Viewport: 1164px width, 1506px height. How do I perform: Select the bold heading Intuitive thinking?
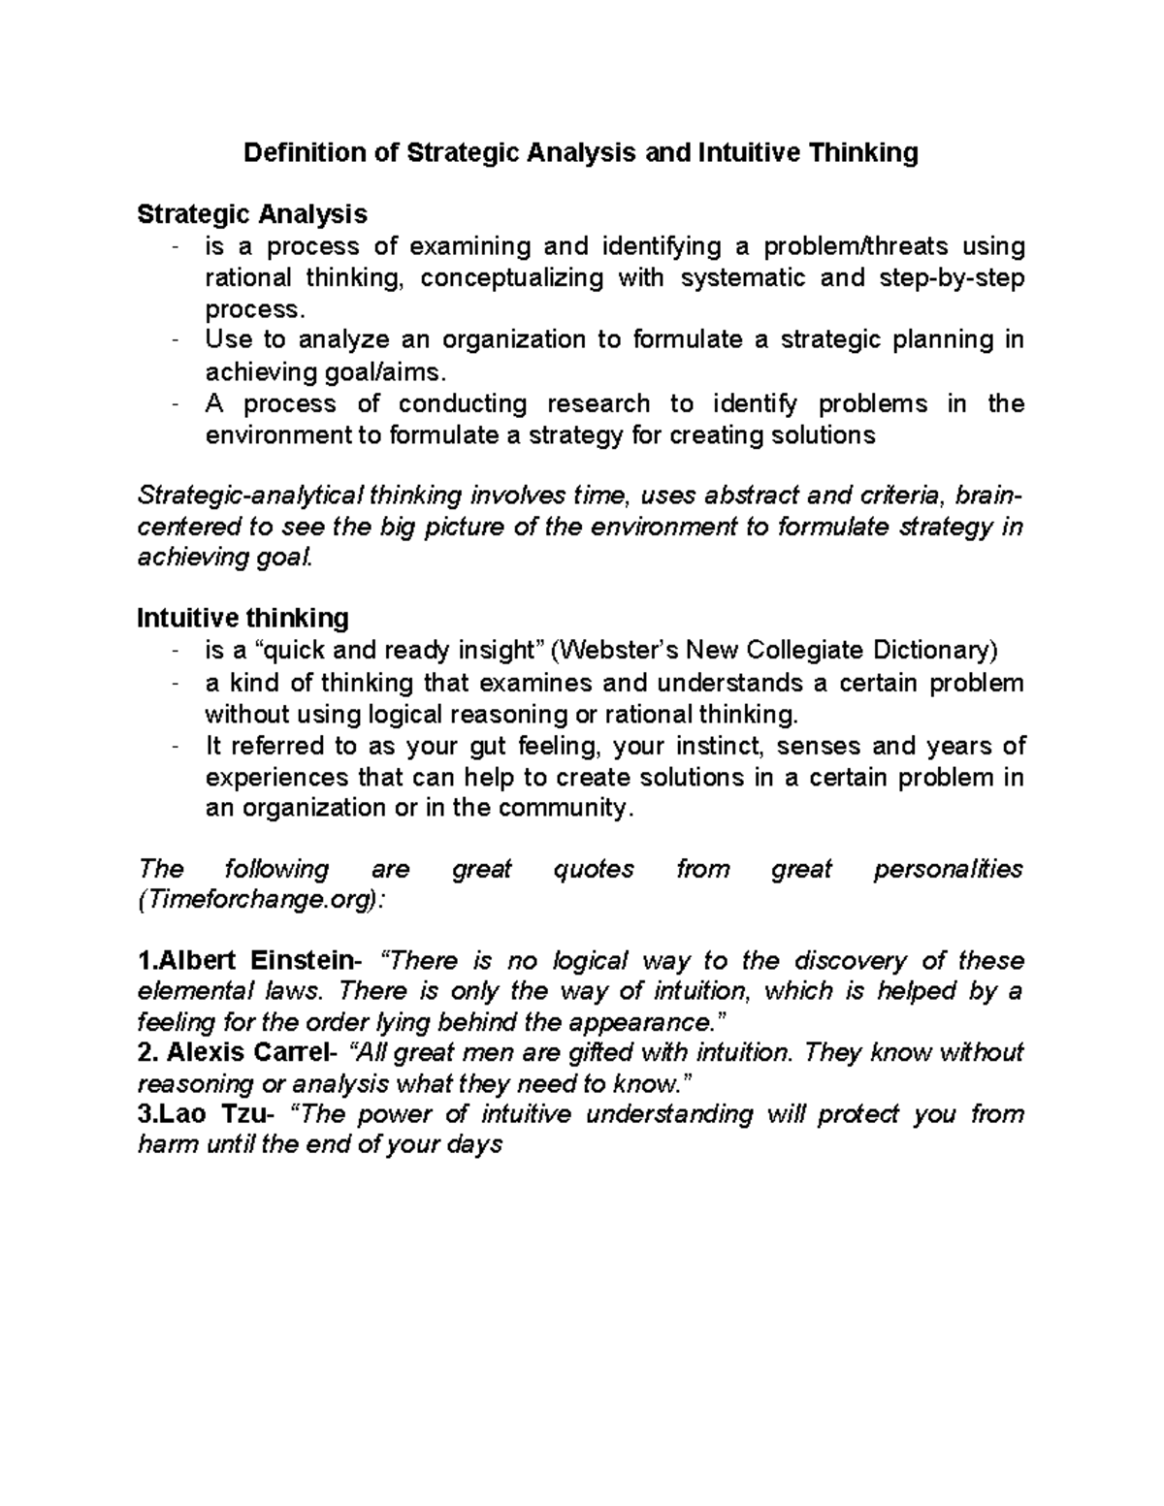tap(242, 618)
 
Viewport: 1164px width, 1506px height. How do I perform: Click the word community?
tap(569, 808)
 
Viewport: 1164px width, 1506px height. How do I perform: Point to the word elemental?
tap(183, 991)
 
